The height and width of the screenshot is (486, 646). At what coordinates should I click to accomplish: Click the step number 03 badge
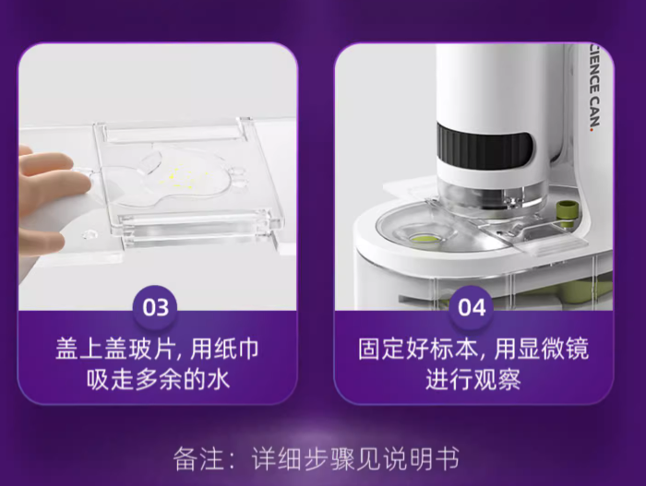point(156,307)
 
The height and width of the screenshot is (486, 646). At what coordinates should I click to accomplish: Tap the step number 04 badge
point(472,307)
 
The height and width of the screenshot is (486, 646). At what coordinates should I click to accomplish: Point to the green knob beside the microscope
point(565,214)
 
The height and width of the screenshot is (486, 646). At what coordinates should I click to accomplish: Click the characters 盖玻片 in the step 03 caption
point(139,350)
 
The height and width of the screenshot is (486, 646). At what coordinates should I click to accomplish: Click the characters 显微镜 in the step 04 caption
point(554,350)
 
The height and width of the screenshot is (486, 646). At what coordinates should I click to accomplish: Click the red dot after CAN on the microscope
point(592,129)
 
